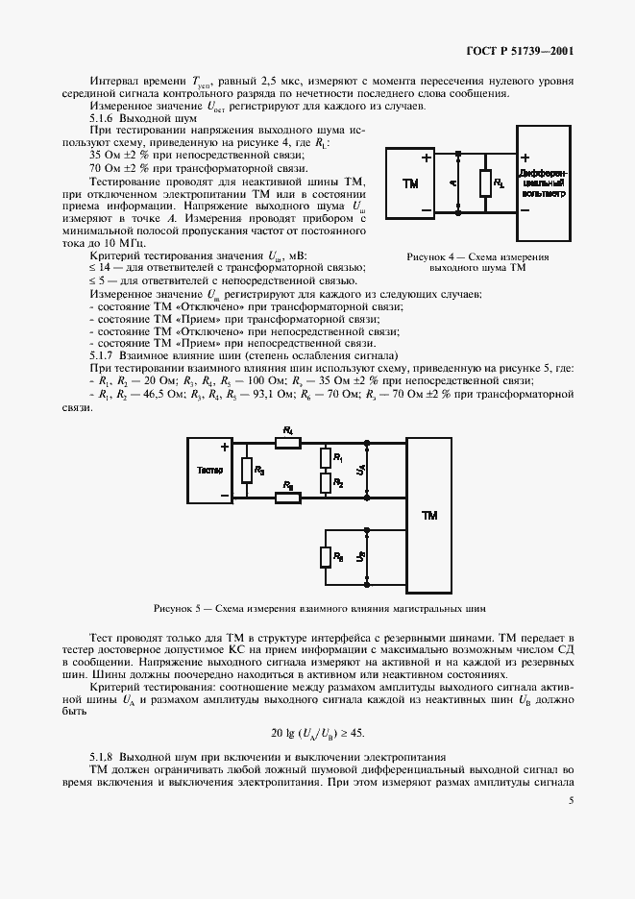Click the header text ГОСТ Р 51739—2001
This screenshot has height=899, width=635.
click(x=521, y=51)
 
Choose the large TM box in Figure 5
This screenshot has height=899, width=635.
click(x=429, y=517)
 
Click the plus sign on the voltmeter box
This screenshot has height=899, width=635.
click(x=525, y=158)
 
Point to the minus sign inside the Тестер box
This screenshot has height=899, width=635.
click(x=224, y=496)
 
